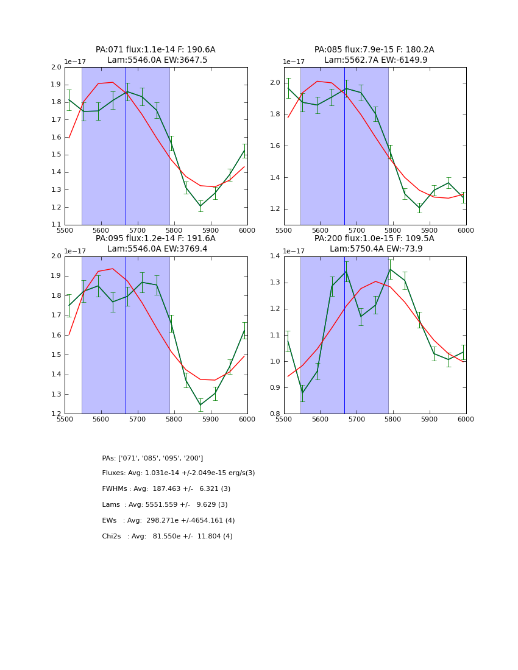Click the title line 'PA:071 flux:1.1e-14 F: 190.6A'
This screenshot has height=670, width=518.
click(155, 50)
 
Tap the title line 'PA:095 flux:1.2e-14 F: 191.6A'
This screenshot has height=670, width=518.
click(155, 239)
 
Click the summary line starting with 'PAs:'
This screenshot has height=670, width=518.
click(152, 458)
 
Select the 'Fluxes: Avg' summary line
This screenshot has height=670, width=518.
click(179, 473)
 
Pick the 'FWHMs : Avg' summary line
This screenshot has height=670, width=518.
click(166, 489)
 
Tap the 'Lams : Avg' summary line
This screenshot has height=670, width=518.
click(165, 505)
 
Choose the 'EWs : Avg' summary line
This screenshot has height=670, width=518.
click(168, 521)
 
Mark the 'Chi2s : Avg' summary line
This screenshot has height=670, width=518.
click(167, 537)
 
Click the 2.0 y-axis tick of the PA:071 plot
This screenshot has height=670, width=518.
click(56, 68)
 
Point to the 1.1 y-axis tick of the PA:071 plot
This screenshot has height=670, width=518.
click(56, 225)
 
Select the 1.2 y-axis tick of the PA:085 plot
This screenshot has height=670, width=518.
click(275, 209)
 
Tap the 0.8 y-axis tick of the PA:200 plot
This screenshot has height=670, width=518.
click(275, 414)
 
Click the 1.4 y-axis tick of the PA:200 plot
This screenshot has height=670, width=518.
click(275, 256)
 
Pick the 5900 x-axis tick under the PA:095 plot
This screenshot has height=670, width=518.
click(211, 419)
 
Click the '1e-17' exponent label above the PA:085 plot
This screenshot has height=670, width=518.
click(294, 62)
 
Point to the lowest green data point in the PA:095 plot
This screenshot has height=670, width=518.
click(200, 405)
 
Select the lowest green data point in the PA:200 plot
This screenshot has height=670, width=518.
click(303, 393)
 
